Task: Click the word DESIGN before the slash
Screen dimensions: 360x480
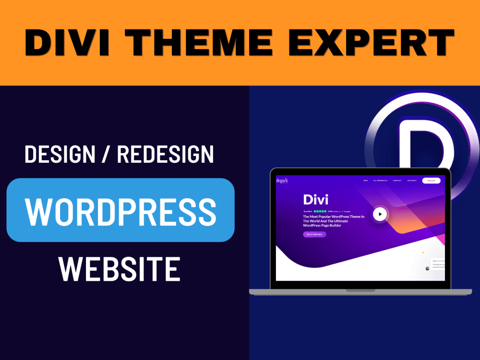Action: click(59, 155)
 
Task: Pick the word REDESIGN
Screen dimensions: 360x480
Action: click(165, 155)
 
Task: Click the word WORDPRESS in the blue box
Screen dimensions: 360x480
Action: click(120, 210)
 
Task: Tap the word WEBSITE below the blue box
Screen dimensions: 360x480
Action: click(120, 269)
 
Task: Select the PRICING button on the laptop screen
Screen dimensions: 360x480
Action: click(431, 180)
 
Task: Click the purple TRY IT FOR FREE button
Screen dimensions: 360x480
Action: click(314, 234)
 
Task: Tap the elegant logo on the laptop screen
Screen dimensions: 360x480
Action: click(282, 180)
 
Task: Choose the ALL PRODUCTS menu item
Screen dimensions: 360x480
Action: click(380, 180)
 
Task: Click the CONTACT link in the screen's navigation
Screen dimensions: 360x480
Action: click(397, 180)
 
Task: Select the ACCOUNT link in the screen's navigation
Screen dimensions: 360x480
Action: click(412, 180)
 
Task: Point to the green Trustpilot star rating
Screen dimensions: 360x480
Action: click(320, 211)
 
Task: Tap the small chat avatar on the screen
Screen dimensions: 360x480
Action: click(427, 269)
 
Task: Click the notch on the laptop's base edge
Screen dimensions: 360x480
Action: click(360, 290)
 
